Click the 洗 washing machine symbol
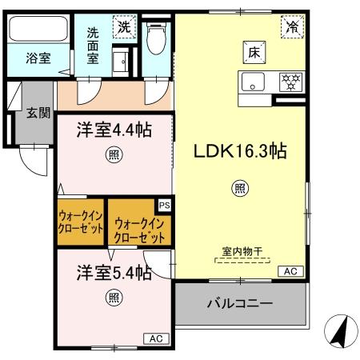[124, 26]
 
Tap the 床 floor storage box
[254, 54]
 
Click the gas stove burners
[289, 81]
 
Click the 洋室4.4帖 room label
[114, 130]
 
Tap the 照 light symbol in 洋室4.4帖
[114, 156]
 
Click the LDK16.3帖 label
[238, 150]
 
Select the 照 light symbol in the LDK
[238, 189]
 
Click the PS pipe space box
[164, 206]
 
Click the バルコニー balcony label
[240, 304]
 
